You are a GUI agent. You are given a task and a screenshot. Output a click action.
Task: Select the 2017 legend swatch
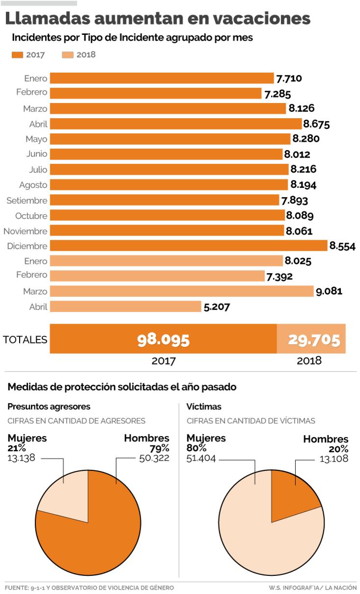click(x=17, y=55)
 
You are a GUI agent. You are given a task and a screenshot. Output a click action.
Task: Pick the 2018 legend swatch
click(x=68, y=55)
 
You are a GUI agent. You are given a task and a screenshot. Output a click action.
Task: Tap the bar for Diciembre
click(x=189, y=246)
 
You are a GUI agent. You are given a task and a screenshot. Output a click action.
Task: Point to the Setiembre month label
click(x=27, y=200)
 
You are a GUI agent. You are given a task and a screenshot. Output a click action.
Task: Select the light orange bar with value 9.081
click(x=182, y=291)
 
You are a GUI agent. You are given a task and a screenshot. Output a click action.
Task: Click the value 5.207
click(x=216, y=307)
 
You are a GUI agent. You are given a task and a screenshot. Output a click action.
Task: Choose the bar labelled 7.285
click(x=156, y=93)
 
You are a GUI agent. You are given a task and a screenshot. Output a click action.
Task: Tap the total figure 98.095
click(x=163, y=339)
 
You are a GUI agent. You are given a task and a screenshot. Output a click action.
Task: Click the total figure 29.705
click(x=314, y=339)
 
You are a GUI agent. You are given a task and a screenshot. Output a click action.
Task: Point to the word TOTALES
click(x=25, y=339)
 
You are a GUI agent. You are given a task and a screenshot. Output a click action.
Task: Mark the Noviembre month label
click(x=26, y=231)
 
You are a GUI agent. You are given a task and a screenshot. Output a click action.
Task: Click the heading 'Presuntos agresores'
click(x=49, y=407)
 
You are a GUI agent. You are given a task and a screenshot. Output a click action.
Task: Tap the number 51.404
click(x=201, y=458)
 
